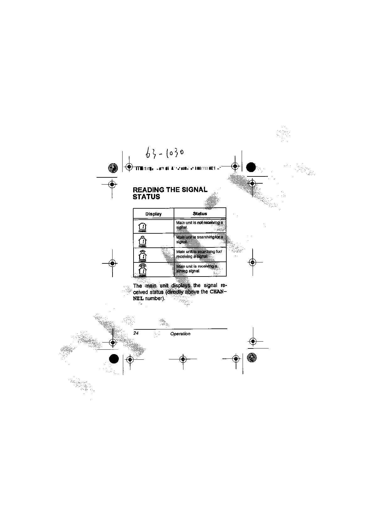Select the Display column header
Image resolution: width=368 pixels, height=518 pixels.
[x=153, y=214]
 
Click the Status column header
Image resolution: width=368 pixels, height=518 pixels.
[x=200, y=214]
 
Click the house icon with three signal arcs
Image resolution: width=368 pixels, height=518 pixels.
[x=143, y=269]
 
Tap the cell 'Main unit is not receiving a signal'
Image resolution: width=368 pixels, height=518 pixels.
[x=199, y=225]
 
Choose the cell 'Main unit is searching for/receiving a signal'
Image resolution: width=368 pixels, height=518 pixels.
[x=199, y=254]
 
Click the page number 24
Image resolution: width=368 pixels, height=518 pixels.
[x=136, y=333]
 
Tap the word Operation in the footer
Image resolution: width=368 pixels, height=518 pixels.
[x=180, y=334]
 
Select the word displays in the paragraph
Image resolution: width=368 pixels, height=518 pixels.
[x=181, y=286]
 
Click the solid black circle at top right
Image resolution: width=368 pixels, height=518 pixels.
[x=251, y=167]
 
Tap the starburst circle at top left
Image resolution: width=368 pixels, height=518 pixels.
[x=112, y=168]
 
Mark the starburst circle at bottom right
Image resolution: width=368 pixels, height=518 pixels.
[x=251, y=358]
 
